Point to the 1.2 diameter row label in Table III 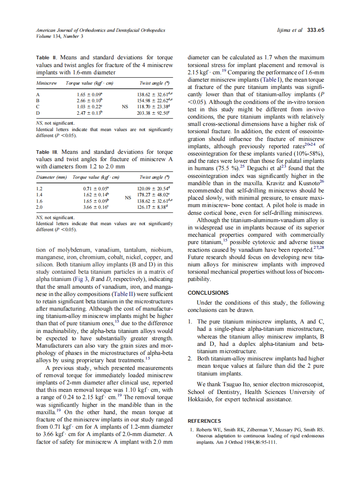[40, 189]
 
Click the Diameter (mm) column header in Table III [52, 177]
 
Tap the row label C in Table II [38, 107]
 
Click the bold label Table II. [46, 58]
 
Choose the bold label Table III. [47, 152]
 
